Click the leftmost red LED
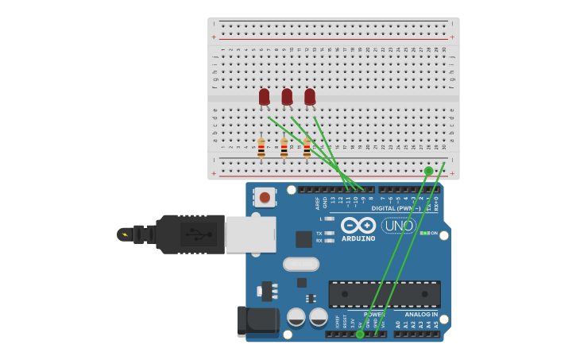tap(264, 97)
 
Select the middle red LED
tap(287, 97)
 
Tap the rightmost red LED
tap(310, 97)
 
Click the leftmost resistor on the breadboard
tap(261, 147)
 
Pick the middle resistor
tap(284, 147)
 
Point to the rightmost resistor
tap(307, 147)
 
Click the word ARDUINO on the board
tap(358, 238)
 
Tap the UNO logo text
tap(399, 226)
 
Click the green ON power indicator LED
tap(426, 233)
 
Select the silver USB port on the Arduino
tap(250, 234)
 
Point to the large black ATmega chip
tap(385, 294)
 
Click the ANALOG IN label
tap(421, 315)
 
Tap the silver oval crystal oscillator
tap(301, 264)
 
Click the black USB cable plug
tap(191, 234)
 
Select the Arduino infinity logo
tap(358, 225)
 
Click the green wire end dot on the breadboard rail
tap(429, 171)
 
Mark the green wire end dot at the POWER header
tap(360, 335)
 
